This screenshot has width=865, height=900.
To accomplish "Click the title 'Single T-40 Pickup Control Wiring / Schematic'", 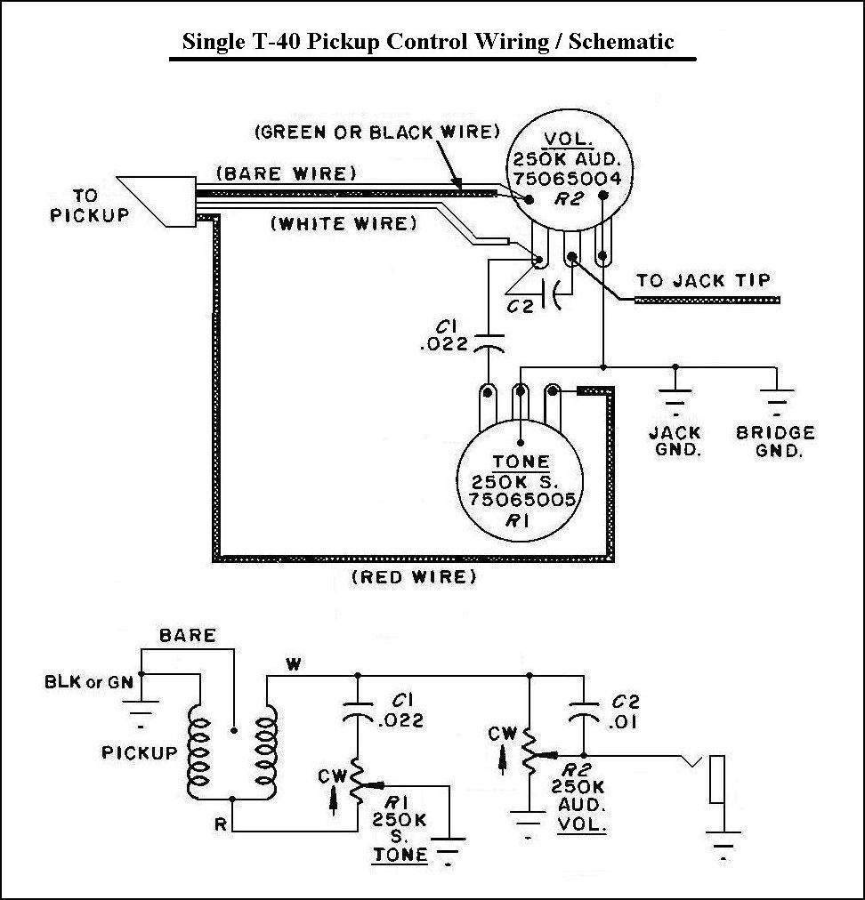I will (428, 42).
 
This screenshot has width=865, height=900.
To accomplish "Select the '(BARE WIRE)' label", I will (287, 173).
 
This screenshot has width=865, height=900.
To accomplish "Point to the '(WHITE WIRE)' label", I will (344, 224).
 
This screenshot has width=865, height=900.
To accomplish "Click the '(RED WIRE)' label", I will (414, 576).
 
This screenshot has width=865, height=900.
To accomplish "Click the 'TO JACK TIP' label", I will (703, 280).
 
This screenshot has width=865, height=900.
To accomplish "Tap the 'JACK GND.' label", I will (675, 441).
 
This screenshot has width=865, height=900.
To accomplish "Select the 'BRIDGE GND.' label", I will (775, 441).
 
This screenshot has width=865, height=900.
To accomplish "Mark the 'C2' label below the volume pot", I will (521, 306).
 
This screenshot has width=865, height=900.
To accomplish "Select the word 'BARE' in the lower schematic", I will (187, 635).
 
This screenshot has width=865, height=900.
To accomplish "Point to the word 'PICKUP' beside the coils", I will (139, 752).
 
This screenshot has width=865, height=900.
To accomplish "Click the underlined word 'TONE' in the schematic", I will (400, 854).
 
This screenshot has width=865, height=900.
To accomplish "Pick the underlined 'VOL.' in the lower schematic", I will (582, 824).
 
